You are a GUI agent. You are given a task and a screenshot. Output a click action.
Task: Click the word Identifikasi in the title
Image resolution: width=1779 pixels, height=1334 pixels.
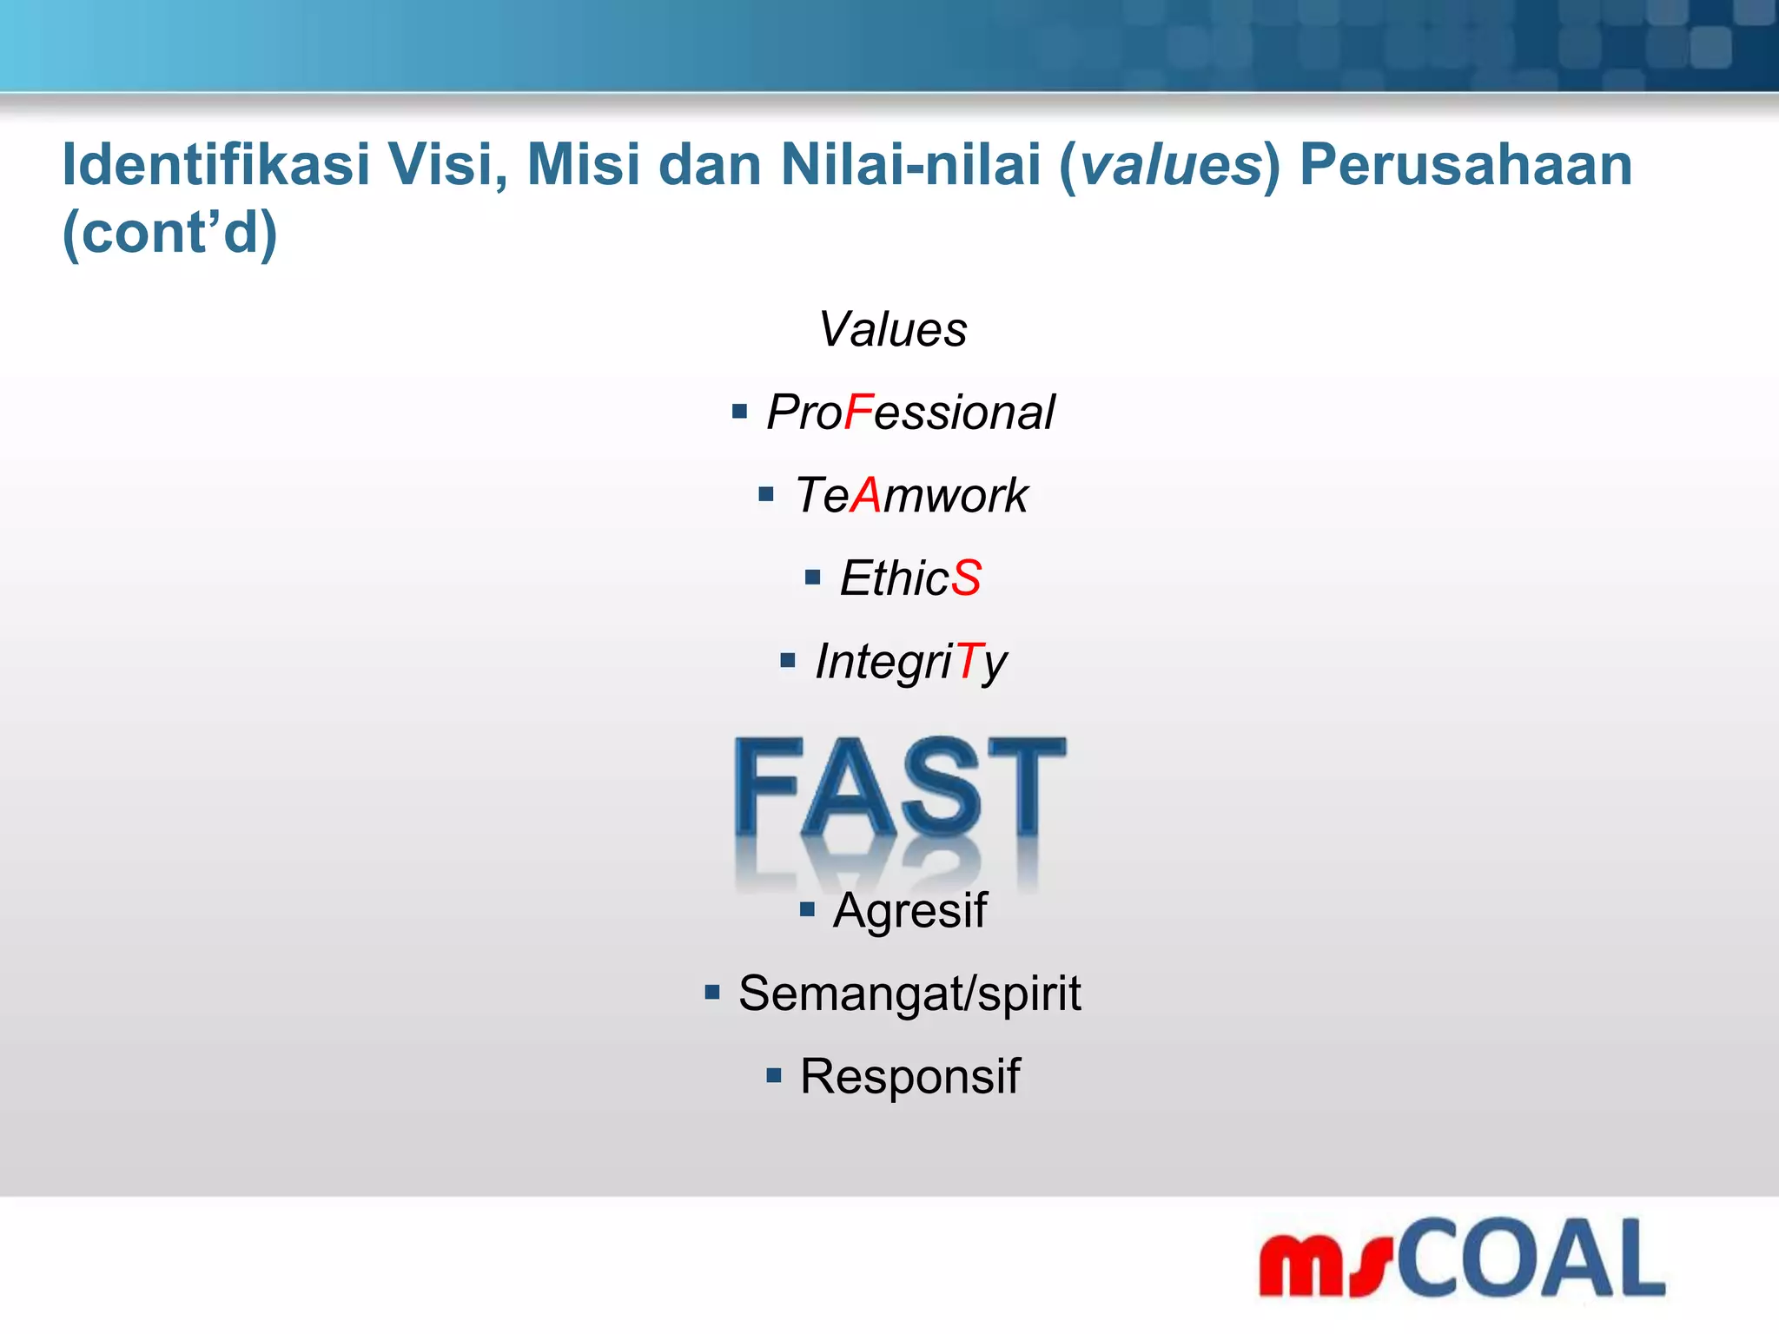(x=215, y=164)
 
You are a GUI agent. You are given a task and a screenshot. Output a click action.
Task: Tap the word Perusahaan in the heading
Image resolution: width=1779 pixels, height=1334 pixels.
(x=1466, y=164)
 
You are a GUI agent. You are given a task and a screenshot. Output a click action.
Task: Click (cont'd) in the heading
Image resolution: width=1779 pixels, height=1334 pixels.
(x=170, y=233)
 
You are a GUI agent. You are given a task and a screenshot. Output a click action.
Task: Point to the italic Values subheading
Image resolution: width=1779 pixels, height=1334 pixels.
(x=892, y=329)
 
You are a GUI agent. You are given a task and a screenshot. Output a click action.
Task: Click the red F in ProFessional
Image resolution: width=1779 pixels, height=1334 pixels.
(x=858, y=412)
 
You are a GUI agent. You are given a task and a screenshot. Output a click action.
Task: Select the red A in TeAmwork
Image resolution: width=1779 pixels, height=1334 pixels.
(x=866, y=495)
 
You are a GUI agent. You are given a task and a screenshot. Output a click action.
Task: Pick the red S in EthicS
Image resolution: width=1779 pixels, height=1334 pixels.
(x=966, y=578)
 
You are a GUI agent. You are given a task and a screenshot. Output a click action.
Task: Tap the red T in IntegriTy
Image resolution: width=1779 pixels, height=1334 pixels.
(x=969, y=661)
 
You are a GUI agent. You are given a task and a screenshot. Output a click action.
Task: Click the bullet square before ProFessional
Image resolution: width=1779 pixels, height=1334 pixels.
(x=739, y=412)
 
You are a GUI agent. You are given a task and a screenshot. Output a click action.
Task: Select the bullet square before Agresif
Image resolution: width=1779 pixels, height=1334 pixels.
(x=807, y=909)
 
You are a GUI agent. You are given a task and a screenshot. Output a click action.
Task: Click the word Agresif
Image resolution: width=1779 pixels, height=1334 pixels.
(x=909, y=910)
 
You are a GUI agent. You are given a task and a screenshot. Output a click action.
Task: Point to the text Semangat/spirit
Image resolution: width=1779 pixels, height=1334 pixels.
(x=909, y=993)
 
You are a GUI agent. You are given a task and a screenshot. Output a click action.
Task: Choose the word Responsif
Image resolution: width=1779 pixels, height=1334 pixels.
(x=909, y=1076)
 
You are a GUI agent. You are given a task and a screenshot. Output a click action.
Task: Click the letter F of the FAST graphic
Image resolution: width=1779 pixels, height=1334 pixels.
(x=767, y=786)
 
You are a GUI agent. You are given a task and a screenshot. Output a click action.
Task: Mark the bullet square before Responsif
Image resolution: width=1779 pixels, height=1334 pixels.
(x=774, y=1076)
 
